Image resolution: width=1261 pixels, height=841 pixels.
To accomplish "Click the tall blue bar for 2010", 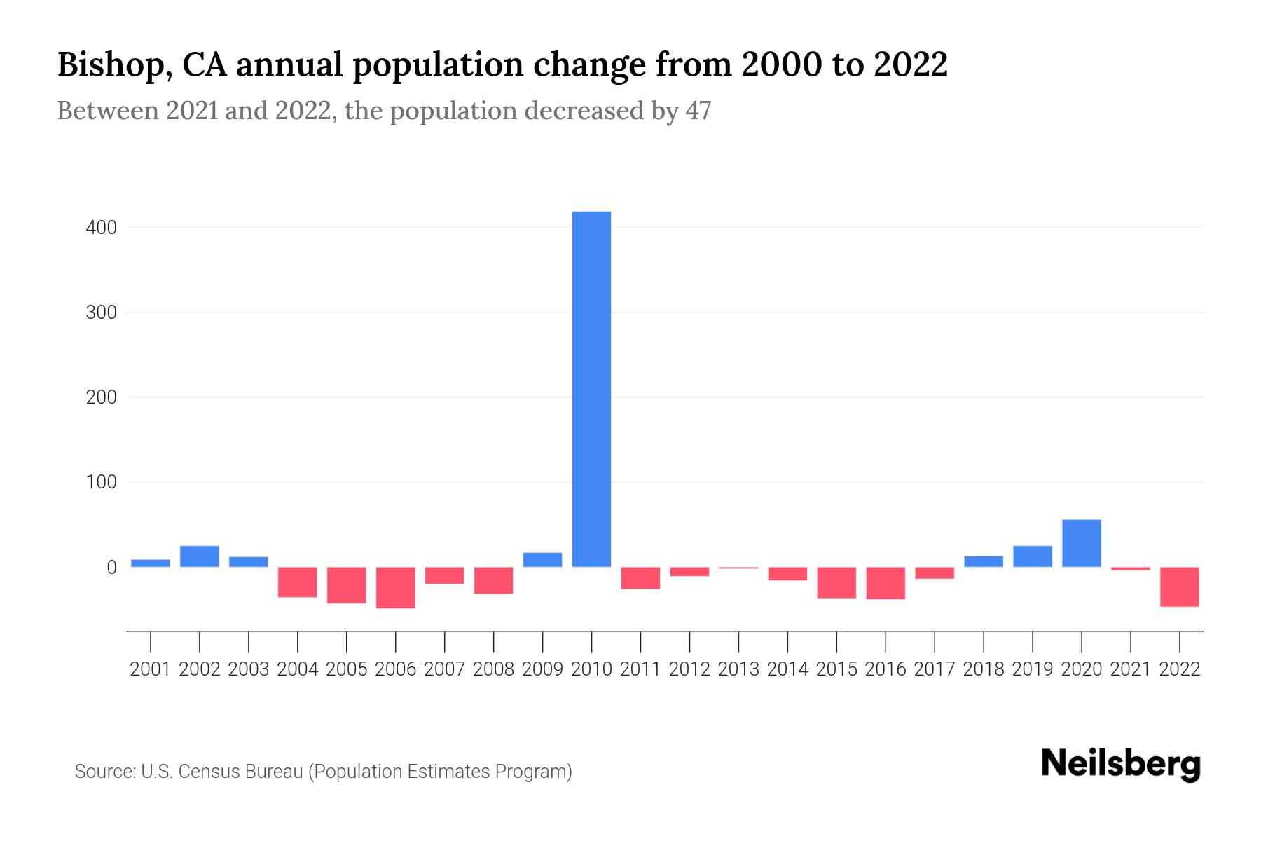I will click(x=591, y=389).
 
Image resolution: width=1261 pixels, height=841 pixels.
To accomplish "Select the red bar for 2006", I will click(x=395, y=587).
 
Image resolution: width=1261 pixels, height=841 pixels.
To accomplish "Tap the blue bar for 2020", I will click(x=1081, y=543).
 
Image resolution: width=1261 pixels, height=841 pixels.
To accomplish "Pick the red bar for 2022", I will click(x=1179, y=587).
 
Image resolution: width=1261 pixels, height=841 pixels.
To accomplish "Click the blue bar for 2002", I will click(x=200, y=556).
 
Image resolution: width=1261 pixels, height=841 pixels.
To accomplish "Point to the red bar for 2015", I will click(x=836, y=582).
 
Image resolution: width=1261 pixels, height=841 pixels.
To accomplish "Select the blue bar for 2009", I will click(x=542, y=560).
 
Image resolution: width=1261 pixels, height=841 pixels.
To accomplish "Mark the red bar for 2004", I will click(x=298, y=582).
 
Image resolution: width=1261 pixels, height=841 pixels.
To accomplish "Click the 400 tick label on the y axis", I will click(x=101, y=228).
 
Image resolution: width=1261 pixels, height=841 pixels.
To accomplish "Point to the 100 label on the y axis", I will click(x=101, y=482).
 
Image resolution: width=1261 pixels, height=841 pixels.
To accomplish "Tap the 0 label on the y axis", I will click(x=111, y=568).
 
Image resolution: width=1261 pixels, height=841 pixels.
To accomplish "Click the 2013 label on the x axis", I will click(x=738, y=669).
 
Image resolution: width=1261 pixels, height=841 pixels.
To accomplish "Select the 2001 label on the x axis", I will click(x=151, y=669).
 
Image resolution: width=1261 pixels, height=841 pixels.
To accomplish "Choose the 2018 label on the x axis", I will click(x=983, y=669).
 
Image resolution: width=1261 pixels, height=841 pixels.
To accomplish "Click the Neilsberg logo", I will click(x=1121, y=764).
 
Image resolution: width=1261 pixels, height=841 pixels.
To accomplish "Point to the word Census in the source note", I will click(x=205, y=772).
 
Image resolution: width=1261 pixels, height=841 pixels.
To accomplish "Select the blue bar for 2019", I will click(x=1032, y=556).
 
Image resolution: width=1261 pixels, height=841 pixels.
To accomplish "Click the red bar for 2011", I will click(x=640, y=578).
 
